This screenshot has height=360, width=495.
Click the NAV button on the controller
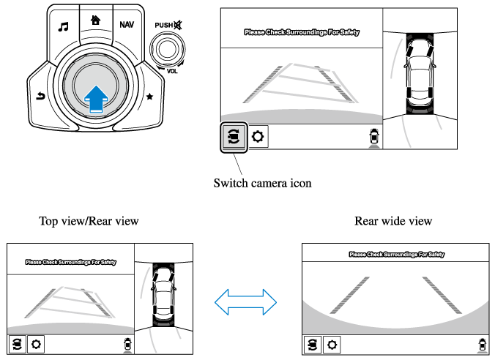[127, 24]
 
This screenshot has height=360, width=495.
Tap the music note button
[64, 26]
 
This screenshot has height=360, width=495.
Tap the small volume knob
[168, 49]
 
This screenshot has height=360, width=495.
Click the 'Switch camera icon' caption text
[262, 183]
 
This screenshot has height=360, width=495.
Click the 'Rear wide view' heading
[392, 220]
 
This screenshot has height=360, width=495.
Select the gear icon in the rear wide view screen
[332, 344]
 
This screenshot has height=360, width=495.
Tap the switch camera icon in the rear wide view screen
[313, 344]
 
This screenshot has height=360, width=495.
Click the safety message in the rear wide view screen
[396, 255]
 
